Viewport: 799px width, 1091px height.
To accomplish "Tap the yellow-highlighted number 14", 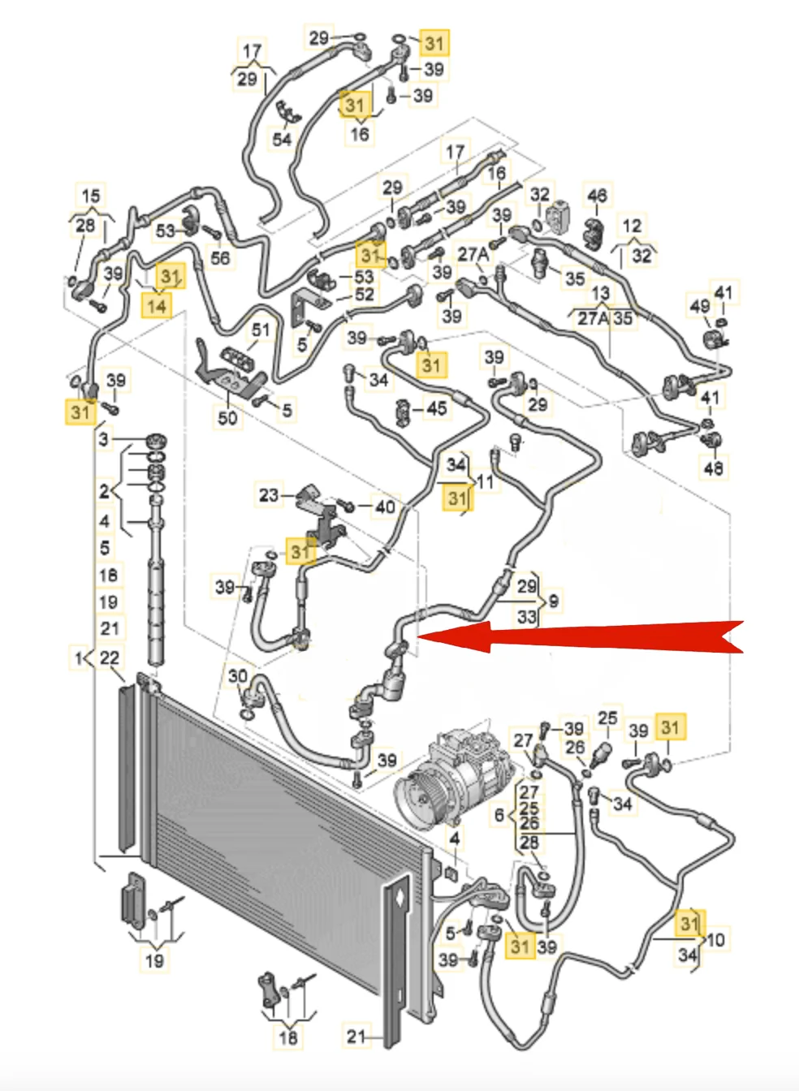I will pyautogui.click(x=157, y=305).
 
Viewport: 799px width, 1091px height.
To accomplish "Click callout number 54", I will pyautogui.click(x=282, y=139).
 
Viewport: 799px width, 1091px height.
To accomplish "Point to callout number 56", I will pyautogui.click(x=220, y=258).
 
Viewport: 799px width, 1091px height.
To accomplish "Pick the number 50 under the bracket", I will pyautogui.click(x=227, y=417).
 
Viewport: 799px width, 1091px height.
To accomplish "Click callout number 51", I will pyautogui.click(x=260, y=330).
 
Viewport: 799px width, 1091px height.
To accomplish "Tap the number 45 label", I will pyautogui.click(x=436, y=408).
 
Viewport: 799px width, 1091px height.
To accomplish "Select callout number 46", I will pyautogui.click(x=597, y=196).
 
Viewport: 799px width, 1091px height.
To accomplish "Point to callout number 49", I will pyautogui.click(x=699, y=306).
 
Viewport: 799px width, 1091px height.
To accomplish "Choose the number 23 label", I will pyautogui.click(x=269, y=494).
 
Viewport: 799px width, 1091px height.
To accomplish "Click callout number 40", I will pyautogui.click(x=385, y=507).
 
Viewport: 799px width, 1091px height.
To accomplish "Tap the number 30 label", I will pyautogui.click(x=237, y=676).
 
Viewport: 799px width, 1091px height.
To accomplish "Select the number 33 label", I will pyautogui.click(x=527, y=617).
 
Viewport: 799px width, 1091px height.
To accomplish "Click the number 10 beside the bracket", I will pyautogui.click(x=715, y=940).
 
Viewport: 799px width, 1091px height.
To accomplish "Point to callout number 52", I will pyautogui.click(x=365, y=295).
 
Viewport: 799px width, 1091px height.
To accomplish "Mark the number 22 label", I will pyautogui.click(x=110, y=658).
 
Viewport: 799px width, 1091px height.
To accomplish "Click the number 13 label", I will pyautogui.click(x=601, y=293).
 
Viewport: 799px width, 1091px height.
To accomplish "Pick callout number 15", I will pyautogui.click(x=91, y=196).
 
